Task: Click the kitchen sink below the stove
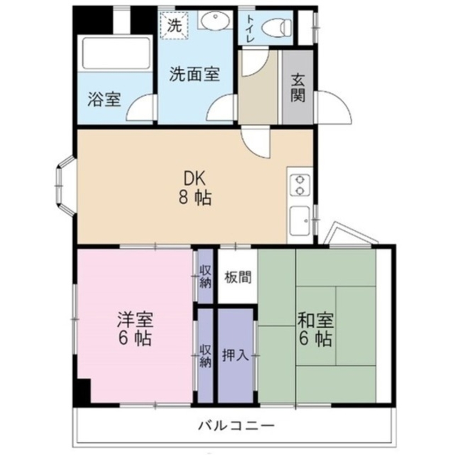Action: click(300, 222)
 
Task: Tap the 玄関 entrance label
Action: click(298, 88)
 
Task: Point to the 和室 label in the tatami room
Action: click(316, 319)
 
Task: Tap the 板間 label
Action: click(238, 278)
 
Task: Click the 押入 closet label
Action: click(235, 355)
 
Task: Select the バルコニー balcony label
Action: click(236, 426)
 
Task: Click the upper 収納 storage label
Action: click(205, 277)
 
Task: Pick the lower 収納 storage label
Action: click(205, 356)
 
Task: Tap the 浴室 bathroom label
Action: click(105, 99)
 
